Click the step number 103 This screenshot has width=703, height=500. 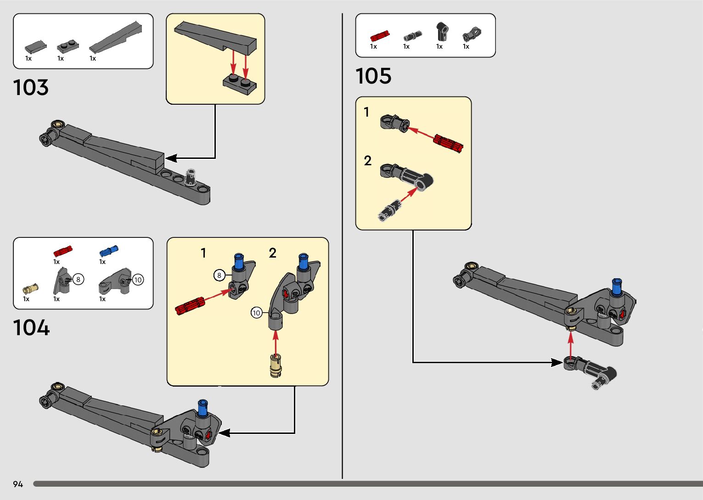pyautogui.click(x=31, y=87)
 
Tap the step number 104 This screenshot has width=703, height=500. pyautogui.click(x=31, y=328)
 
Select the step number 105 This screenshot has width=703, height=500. pyautogui.click(x=373, y=76)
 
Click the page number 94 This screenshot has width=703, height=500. pyautogui.click(x=18, y=484)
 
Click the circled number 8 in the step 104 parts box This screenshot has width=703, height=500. pyautogui.click(x=78, y=279)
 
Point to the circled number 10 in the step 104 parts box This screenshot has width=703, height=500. pyautogui.click(x=138, y=279)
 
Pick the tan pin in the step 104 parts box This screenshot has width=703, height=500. pyautogui.click(x=31, y=289)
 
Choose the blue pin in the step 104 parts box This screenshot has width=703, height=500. pyautogui.click(x=109, y=251)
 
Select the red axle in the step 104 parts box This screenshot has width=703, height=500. pyautogui.click(x=63, y=251)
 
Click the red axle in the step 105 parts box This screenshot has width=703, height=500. pyautogui.click(x=380, y=36)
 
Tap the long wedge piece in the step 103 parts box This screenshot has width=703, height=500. pyautogui.click(x=115, y=36)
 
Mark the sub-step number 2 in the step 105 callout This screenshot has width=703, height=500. pyautogui.click(x=367, y=161)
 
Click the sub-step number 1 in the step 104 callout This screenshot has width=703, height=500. pyautogui.click(x=203, y=253)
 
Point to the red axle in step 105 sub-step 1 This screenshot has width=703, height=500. pyautogui.click(x=448, y=143)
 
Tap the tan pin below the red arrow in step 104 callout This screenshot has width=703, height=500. pyautogui.click(x=276, y=365)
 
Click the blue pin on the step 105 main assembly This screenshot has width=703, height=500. pyautogui.click(x=616, y=287)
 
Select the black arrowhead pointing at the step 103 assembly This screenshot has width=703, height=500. pyautogui.click(x=171, y=158)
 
